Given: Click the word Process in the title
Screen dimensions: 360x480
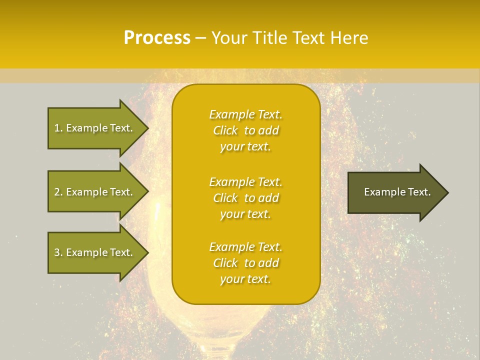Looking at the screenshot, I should pyautogui.click(x=157, y=37).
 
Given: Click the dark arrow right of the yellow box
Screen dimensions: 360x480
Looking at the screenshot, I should pyautogui.click(x=395, y=192).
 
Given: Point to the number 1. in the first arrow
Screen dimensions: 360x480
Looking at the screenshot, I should pyautogui.click(x=58, y=128).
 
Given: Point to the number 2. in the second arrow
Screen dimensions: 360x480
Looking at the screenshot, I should pyautogui.click(x=58, y=192).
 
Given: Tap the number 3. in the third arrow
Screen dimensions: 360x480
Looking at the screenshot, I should pyautogui.click(x=58, y=252).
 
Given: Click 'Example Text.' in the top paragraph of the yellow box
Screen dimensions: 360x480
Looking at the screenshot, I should pyautogui.click(x=245, y=114).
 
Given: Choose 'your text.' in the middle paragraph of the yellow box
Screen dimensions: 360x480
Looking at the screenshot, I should pyautogui.click(x=245, y=214).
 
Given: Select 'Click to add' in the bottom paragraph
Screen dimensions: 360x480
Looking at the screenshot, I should pyautogui.click(x=245, y=263).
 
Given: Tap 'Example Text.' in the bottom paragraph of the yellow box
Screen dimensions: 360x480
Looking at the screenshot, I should pyautogui.click(x=245, y=247).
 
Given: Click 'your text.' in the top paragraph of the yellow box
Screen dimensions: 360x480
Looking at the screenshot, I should pyautogui.click(x=245, y=146).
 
